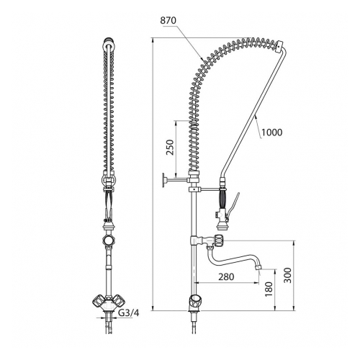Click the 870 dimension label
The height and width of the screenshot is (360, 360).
click(x=168, y=21)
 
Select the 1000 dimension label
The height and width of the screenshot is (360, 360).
click(x=271, y=132)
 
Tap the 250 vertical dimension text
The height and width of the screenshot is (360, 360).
click(x=170, y=147)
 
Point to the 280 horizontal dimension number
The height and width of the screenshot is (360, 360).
click(x=226, y=276)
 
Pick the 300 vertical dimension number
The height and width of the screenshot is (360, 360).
click(x=287, y=275)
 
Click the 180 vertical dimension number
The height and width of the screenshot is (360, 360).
click(x=269, y=289)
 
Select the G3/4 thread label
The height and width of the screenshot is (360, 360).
click(x=129, y=313)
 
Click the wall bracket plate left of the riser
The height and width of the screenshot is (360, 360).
click(x=165, y=180)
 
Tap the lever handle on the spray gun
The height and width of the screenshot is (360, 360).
click(x=233, y=204)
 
